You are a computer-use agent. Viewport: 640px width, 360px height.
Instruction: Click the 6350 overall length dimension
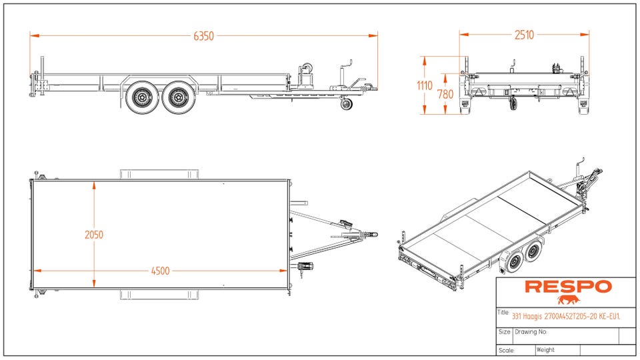point(203,36)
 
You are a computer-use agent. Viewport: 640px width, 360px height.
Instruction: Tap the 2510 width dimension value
point(524,35)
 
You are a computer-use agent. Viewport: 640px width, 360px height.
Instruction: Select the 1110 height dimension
point(425,85)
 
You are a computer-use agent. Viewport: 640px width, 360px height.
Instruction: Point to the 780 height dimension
point(445,94)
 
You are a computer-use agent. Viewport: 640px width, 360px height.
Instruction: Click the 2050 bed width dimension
point(94,235)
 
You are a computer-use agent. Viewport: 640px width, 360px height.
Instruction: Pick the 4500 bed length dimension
point(160,271)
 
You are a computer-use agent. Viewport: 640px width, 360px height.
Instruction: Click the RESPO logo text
point(567,287)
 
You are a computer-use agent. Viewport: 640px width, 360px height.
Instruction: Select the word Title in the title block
point(503,313)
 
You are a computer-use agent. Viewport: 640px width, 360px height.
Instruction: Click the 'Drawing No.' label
point(531,331)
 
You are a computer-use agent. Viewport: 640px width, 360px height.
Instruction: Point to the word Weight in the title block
point(545,349)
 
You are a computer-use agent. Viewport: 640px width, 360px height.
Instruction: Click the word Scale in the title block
point(506,350)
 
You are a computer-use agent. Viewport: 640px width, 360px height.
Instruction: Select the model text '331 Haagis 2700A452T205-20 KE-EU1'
point(566,316)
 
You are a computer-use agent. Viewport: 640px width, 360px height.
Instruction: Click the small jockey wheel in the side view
point(346,104)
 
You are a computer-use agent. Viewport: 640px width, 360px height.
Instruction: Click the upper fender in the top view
point(160,174)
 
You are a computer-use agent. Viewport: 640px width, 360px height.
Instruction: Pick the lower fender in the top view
point(160,295)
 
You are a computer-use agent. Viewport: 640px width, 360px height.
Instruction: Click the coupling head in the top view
point(371,234)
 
